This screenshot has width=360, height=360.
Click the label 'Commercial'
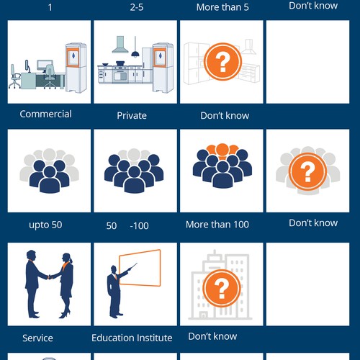click(x=45, y=114)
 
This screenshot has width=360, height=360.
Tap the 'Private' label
click(x=132, y=116)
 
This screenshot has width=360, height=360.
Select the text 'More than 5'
click(x=222, y=7)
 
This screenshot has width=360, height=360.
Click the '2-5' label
click(x=137, y=7)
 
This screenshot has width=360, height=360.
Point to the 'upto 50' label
click(x=45, y=225)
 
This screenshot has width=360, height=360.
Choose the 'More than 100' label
click(x=217, y=225)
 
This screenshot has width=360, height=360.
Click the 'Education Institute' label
click(x=132, y=338)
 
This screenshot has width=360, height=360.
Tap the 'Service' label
click(x=37, y=338)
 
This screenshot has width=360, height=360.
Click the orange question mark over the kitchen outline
click(x=222, y=62)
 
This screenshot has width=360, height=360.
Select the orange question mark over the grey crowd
click(x=307, y=171)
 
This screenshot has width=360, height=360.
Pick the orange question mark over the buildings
click(x=221, y=288)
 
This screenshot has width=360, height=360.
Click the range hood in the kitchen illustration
click(x=120, y=45)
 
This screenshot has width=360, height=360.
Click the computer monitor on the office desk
click(x=45, y=65)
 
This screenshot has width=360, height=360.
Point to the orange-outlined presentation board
click(x=140, y=268)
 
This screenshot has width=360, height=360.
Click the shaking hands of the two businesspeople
click(x=50, y=277)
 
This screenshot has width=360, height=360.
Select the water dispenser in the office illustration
click(x=76, y=68)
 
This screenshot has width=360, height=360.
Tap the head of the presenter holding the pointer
click(x=114, y=269)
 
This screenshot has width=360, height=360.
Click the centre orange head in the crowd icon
click(x=222, y=149)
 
